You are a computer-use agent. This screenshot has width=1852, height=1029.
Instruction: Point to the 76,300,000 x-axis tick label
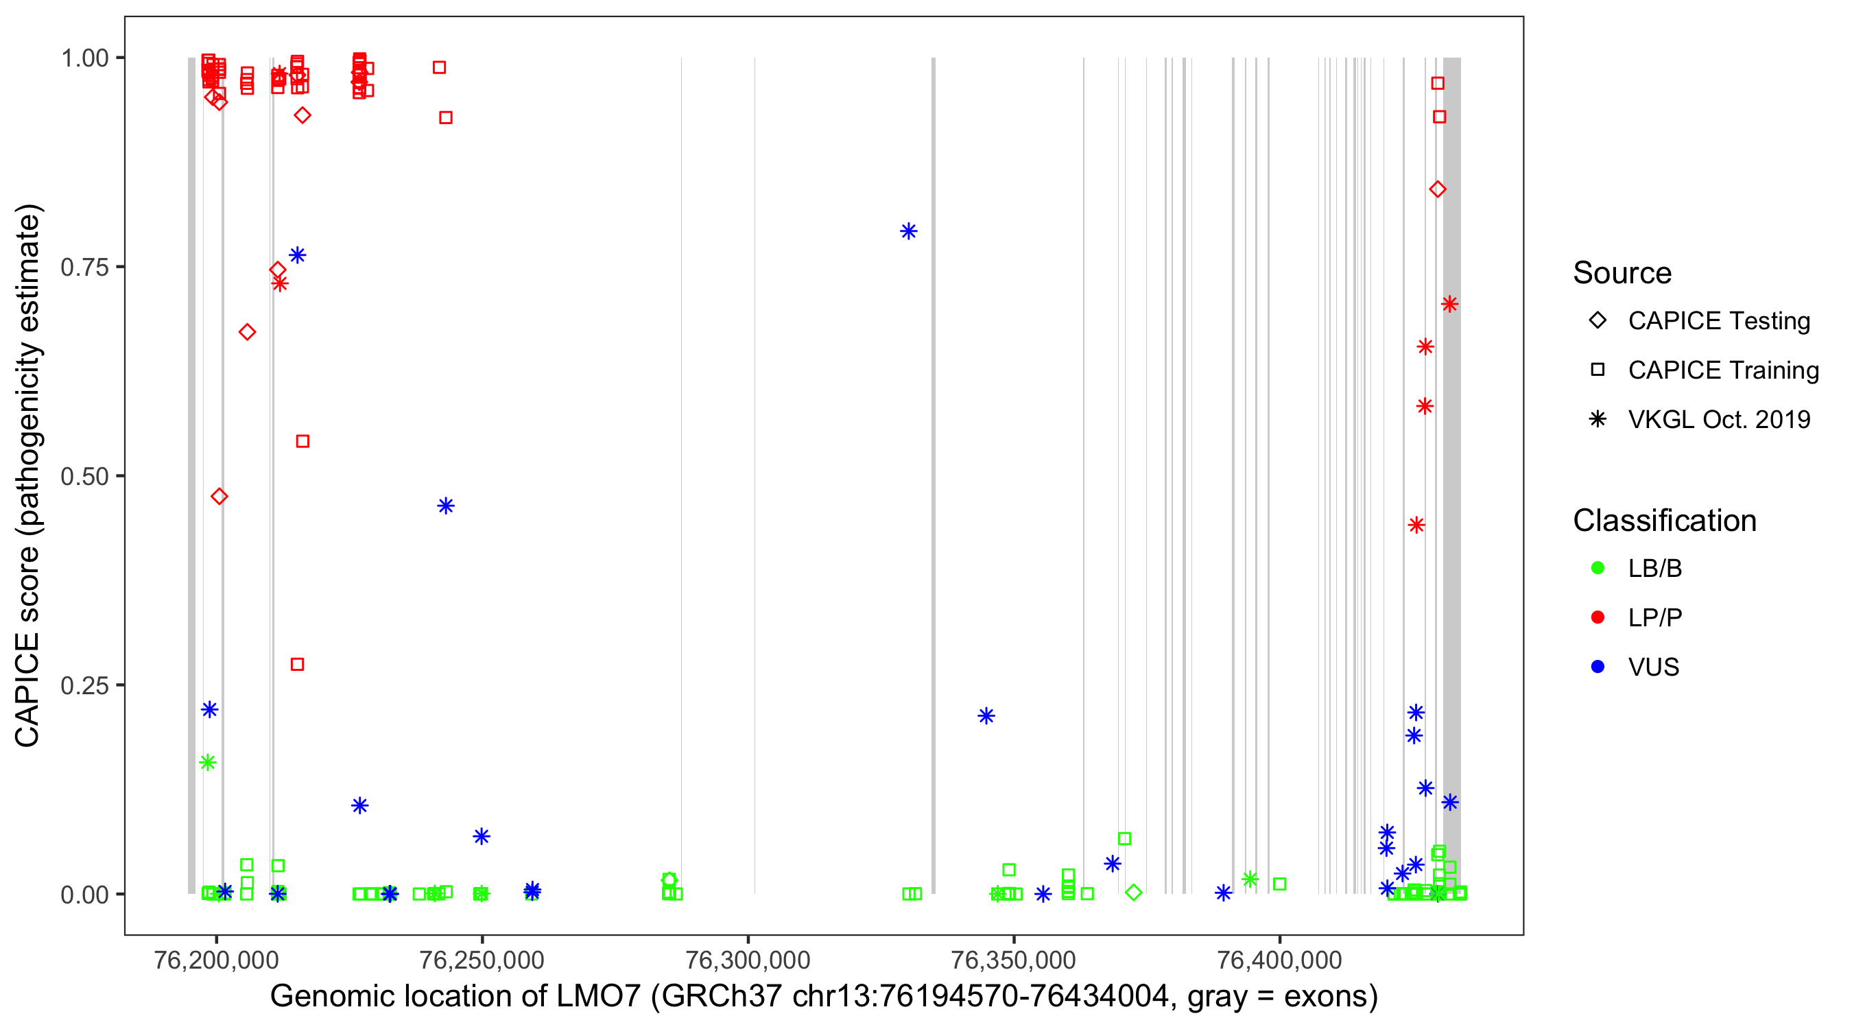point(748,959)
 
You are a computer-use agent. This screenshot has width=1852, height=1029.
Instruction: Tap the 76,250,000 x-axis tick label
point(482,959)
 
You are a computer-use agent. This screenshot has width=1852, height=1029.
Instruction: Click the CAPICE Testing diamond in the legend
point(1598,321)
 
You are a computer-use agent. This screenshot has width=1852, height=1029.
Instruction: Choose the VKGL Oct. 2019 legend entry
point(1718,419)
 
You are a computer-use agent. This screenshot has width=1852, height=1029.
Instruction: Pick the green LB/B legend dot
point(1598,568)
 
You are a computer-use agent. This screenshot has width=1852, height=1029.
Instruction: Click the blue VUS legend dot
point(1598,667)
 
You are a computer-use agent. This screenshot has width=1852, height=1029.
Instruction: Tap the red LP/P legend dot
point(1598,617)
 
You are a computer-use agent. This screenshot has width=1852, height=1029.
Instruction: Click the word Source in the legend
point(1622,273)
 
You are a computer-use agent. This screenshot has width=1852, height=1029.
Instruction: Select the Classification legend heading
point(1664,521)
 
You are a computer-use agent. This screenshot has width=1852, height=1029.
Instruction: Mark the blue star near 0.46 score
point(446,506)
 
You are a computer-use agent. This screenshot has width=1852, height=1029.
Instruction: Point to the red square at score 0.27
point(297,665)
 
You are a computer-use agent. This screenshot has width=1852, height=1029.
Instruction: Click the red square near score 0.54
point(302,442)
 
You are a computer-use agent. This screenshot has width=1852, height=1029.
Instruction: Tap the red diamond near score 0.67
point(248,332)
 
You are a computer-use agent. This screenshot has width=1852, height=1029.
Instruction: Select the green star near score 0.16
point(208,763)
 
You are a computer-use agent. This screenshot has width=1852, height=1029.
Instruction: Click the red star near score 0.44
point(1416,525)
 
